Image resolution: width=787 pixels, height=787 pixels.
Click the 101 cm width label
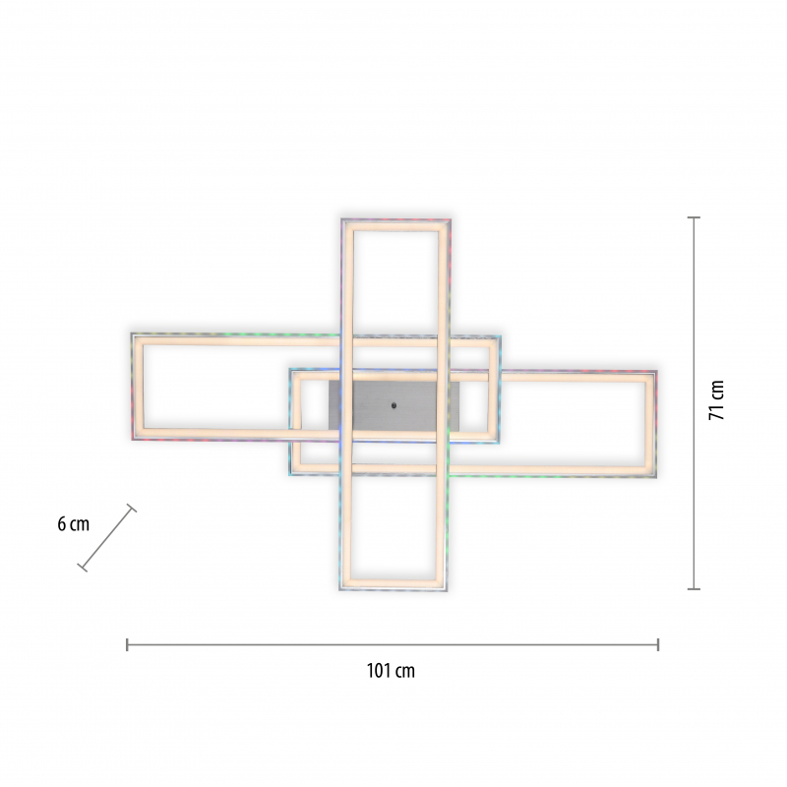coord(391,671)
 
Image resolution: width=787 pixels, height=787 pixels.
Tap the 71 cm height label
coord(717,400)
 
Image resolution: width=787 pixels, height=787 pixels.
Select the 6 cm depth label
coord(73,524)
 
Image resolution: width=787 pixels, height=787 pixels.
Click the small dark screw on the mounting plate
coord(393,405)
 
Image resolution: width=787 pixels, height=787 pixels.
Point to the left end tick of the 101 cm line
coord(127,645)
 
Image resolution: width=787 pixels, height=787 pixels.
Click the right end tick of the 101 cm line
coord(657,645)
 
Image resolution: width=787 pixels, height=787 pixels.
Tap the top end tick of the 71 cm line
coord(694,217)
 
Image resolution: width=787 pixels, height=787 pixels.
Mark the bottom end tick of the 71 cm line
coord(694,588)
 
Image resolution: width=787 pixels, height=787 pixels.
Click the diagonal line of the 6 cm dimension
coord(107,537)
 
